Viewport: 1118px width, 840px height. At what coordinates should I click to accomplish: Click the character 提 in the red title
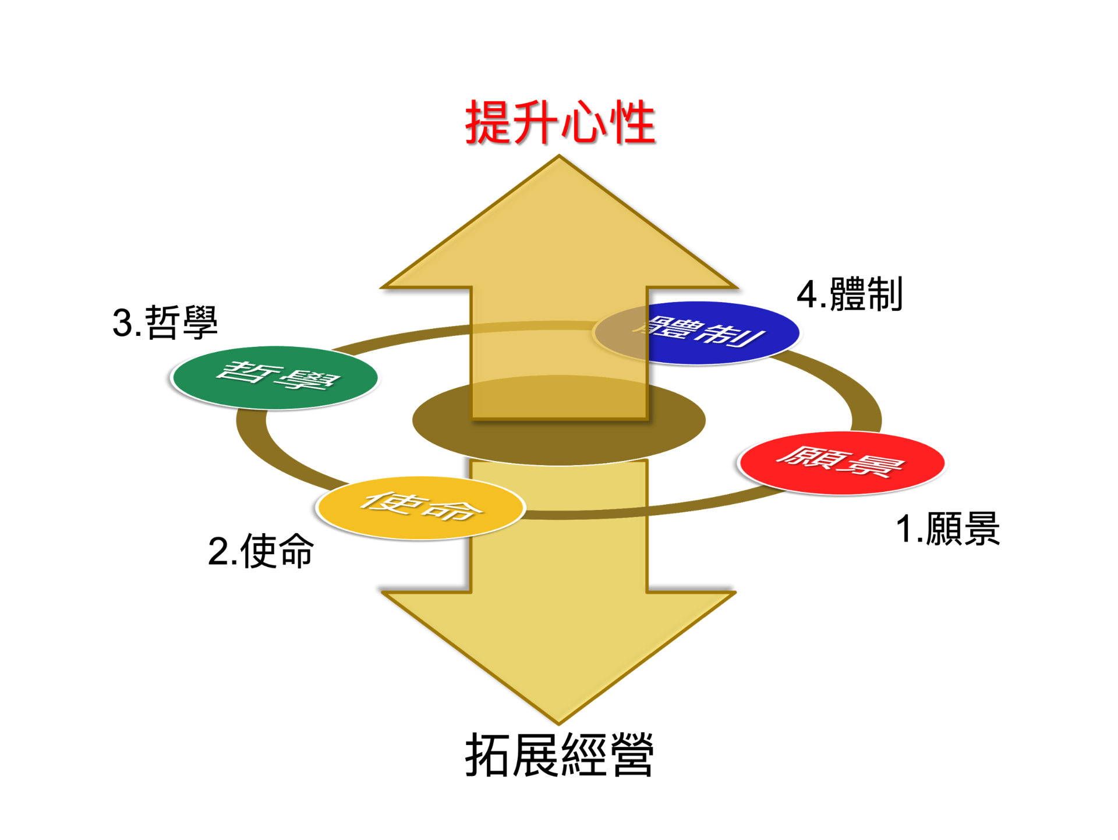click(488, 122)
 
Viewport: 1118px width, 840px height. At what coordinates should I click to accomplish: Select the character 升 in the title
click(535, 122)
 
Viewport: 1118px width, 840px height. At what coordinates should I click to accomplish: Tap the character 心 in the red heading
click(583, 122)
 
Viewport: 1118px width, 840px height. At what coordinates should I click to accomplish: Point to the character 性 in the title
click(631, 122)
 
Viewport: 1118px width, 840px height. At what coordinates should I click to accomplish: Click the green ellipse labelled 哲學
click(275, 377)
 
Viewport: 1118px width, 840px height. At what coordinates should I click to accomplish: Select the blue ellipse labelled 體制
click(728, 333)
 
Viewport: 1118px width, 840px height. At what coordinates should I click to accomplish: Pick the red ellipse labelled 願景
click(842, 463)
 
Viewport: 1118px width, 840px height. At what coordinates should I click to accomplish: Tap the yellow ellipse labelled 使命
click(420, 507)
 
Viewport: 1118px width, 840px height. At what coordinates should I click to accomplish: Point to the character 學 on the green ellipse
click(307, 381)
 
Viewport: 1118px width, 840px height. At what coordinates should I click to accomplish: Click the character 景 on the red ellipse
click(873, 466)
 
